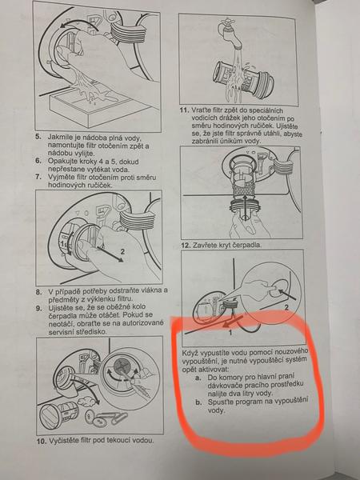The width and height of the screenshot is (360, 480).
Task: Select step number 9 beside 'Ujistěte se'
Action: (x=38, y=307)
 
